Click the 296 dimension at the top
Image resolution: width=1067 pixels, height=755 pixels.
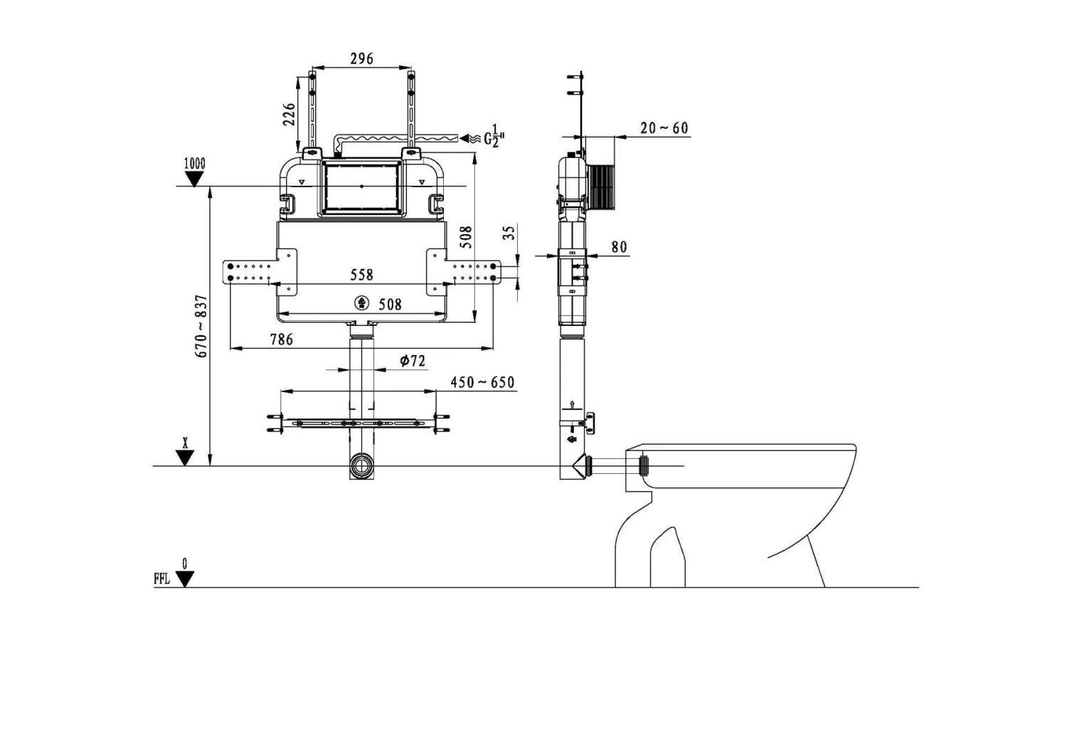[361, 58]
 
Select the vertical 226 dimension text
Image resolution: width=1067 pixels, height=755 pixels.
[290, 114]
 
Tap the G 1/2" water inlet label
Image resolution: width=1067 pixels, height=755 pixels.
[494, 138]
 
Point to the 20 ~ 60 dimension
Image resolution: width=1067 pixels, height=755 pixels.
[664, 128]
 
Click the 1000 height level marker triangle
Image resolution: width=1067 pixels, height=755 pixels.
[193, 179]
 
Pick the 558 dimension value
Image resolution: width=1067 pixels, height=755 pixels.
[361, 275]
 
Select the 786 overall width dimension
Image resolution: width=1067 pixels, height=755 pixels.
[281, 339]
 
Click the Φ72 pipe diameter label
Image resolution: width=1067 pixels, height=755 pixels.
[412, 361]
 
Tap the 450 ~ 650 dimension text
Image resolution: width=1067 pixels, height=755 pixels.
[482, 383]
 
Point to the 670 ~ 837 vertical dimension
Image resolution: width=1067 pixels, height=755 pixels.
[201, 326]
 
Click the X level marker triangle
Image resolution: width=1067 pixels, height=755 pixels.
[185, 458]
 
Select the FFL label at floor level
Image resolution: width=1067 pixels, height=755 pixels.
[161, 579]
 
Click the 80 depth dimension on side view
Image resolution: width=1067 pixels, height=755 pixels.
[619, 247]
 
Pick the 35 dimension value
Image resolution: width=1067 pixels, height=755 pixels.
[509, 233]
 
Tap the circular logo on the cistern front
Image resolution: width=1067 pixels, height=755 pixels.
[362, 303]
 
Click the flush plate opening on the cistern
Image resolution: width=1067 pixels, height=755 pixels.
[362, 186]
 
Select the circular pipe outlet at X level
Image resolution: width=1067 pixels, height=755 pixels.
[361, 468]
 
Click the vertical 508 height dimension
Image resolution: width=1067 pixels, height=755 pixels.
[466, 237]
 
